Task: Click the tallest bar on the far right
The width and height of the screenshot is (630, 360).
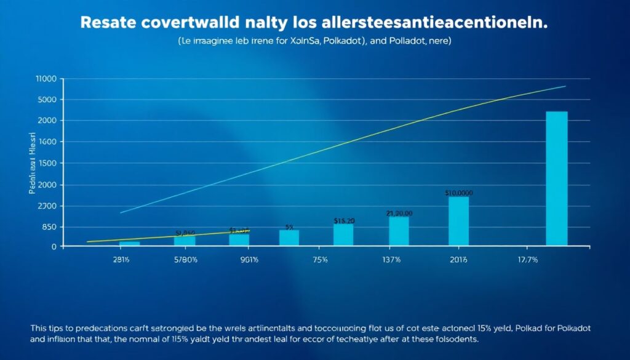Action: [x=556, y=178]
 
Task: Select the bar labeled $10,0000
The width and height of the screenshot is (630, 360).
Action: [x=458, y=221]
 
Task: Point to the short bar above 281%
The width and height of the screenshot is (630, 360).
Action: [x=129, y=244]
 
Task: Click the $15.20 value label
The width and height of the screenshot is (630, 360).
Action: [x=343, y=220]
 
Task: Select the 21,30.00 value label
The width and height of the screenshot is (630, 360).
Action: [x=399, y=213]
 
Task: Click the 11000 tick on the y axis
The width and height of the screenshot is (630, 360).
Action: [x=47, y=79]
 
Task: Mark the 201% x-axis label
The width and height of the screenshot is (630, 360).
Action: [x=458, y=260]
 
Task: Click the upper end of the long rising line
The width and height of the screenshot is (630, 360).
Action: [x=564, y=86]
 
